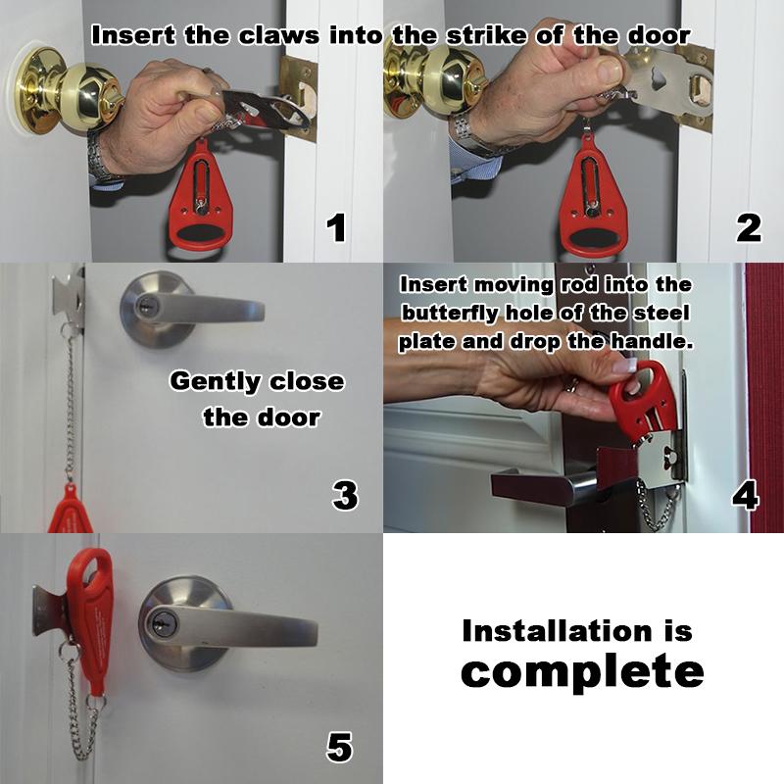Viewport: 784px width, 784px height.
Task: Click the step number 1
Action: point(336,228)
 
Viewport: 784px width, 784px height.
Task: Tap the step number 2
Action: point(749,228)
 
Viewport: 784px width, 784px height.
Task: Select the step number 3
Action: point(345,495)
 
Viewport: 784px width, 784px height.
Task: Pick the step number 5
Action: point(339,747)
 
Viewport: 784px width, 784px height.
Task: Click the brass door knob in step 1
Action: point(65,91)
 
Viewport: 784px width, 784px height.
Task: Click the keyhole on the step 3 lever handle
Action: point(146,304)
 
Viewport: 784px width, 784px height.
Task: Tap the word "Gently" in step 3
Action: point(215,382)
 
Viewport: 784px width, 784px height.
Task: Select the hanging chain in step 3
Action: point(70,405)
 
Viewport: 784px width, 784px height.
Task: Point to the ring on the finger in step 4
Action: point(572,384)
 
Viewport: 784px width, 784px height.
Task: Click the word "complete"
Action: point(582,672)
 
